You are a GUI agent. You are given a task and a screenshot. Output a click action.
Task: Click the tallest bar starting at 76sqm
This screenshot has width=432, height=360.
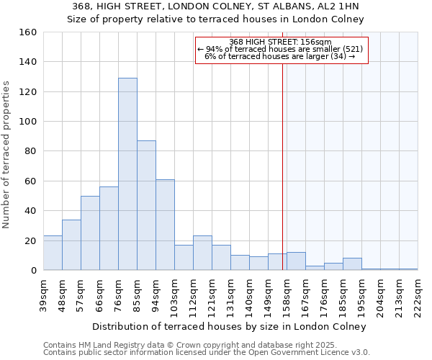coord(127,174)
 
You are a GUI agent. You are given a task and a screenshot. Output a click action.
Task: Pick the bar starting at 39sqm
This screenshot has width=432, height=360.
coord(53,253)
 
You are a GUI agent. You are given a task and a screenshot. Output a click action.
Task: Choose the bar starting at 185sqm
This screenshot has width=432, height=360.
coord(352,264)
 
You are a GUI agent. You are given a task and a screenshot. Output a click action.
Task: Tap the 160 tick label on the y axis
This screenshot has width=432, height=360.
coord(28,32)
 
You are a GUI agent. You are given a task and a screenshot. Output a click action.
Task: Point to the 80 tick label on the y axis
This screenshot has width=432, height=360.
coord(31,151)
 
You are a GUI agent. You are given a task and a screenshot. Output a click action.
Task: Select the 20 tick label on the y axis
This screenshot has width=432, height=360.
coord(31,240)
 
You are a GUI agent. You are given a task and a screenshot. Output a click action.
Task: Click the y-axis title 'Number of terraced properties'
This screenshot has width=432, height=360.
coord(7,154)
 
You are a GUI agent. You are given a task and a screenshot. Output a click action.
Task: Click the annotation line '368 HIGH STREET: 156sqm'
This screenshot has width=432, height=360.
coord(280,42)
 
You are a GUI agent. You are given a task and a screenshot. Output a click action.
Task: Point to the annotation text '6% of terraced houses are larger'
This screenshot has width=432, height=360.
coord(280,56)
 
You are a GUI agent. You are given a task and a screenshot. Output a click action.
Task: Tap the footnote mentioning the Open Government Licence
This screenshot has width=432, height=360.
coord(207,353)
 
